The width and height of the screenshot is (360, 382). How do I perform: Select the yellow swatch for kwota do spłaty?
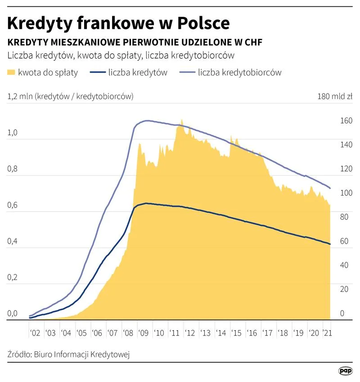12,72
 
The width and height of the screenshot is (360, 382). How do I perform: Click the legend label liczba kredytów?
138,72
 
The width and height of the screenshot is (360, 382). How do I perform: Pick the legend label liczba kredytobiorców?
239,72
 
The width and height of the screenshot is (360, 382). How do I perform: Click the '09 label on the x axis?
144,333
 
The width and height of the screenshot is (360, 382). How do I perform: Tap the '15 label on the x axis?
236,333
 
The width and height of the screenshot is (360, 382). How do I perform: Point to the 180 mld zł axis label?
335,96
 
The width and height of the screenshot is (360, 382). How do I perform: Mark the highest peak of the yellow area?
181,120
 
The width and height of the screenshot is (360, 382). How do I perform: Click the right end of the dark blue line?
330,244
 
